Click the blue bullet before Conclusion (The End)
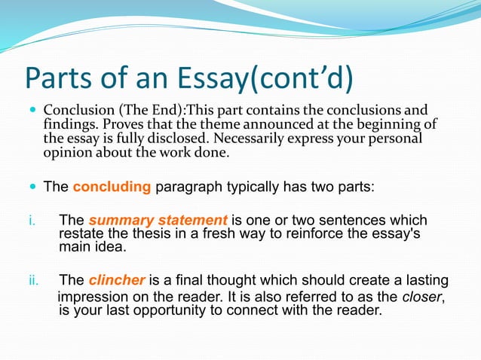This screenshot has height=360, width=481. click(x=32, y=110)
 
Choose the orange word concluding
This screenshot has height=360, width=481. click(x=112, y=187)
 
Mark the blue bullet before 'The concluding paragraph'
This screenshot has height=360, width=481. click(x=32, y=187)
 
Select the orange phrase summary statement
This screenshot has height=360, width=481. click(x=158, y=221)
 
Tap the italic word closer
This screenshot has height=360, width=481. click(x=419, y=295)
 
